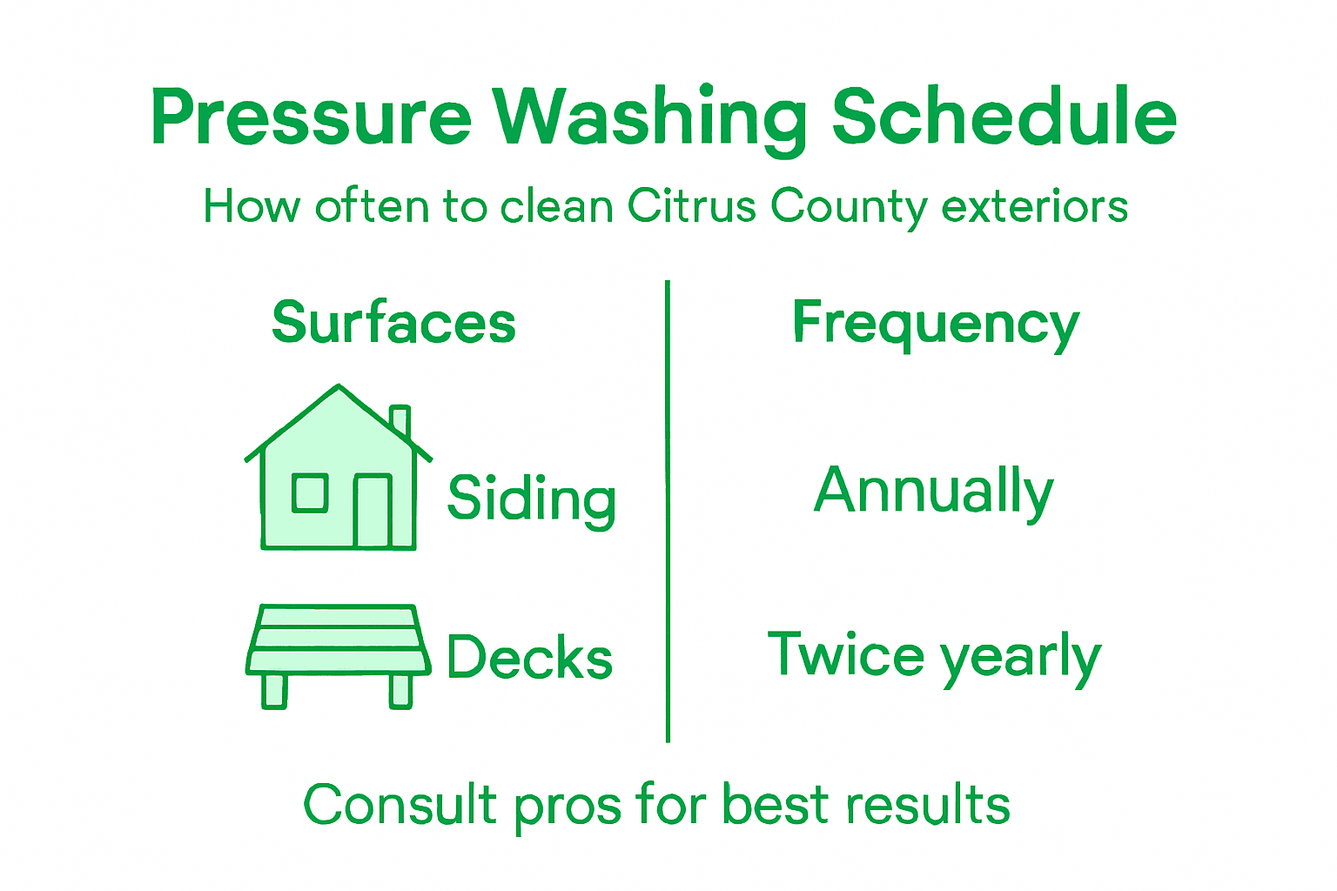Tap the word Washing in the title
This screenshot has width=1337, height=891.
(649, 117)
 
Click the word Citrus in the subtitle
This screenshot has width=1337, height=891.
(692, 207)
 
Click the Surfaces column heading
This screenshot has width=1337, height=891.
(393, 323)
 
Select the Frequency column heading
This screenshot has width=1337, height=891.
(936, 325)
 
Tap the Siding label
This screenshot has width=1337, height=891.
(532, 499)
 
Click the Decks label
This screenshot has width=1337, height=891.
(529, 657)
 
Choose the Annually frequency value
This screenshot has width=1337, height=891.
(934, 492)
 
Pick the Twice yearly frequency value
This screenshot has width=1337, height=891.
(934, 657)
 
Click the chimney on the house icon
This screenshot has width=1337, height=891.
(400, 420)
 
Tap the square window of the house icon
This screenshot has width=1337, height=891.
(310, 493)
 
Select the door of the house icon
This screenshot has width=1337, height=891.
(373, 511)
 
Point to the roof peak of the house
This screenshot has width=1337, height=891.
(339, 388)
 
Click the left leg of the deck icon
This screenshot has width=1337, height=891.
(274, 691)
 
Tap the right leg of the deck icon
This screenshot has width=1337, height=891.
(400, 691)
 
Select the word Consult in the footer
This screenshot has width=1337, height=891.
(400, 805)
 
